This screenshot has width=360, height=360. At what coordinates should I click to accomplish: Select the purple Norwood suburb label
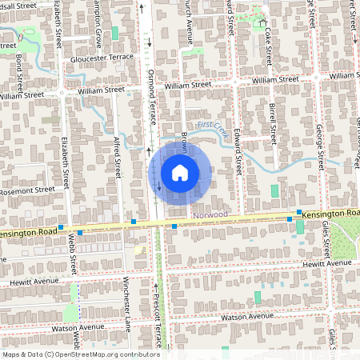(210, 215)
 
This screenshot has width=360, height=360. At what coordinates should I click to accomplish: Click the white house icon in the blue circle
(180, 173)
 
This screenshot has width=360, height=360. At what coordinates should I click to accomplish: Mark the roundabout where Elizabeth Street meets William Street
(62, 92)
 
